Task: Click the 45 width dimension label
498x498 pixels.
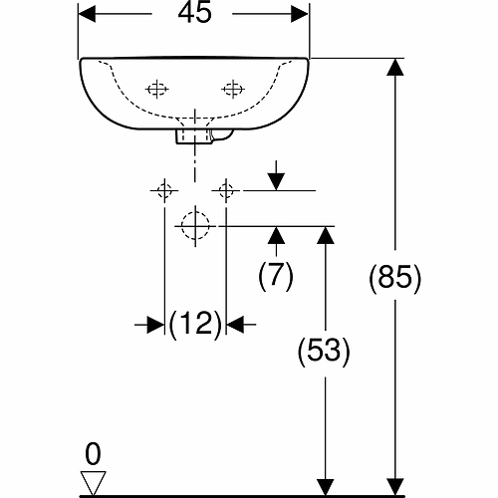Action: (194, 13)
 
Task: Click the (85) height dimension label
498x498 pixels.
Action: (394, 278)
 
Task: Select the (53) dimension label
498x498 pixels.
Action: (324, 352)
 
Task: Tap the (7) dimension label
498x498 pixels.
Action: (276, 275)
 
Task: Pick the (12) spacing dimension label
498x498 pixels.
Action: (195, 324)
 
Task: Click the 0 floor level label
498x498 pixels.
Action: (93, 454)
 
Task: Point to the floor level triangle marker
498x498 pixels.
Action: (93, 483)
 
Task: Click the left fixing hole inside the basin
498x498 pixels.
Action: (157, 89)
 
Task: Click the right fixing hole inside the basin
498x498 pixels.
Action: (233, 89)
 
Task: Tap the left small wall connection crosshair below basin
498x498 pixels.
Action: (164, 190)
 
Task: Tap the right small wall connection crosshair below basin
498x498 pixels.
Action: (226, 190)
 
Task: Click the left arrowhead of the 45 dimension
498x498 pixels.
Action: (87, 14)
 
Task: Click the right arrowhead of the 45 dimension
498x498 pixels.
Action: (300, 14)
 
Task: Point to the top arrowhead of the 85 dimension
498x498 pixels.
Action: (395, 67)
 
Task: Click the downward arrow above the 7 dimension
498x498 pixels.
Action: (276, 175)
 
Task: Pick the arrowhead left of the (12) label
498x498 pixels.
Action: (155, 324)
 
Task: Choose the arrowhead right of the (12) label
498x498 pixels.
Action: (235, 324)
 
